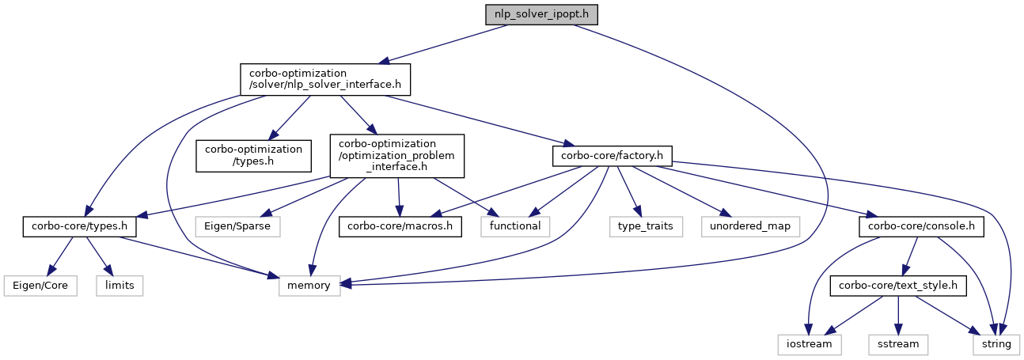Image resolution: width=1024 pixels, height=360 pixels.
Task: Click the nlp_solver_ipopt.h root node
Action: (x=541, y=14)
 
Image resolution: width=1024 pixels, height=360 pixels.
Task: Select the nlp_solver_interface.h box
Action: (x=325, y=79)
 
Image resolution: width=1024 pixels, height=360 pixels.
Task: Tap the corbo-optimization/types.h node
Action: (x=253, y=156)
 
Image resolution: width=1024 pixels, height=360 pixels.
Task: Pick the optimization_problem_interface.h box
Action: (x=396, y=156)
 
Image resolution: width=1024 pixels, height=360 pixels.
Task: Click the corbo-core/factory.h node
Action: (x=613, y=156)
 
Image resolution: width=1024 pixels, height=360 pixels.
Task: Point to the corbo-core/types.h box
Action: (x=80, y=226)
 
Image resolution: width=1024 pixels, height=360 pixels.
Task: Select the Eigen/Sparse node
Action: (x=237, y=226)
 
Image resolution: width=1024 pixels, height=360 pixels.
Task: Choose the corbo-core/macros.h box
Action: (x=400, y=226)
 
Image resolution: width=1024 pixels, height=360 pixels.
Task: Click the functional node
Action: (x=515, y=226)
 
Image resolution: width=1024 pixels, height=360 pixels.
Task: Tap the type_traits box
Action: (x=646, y=226)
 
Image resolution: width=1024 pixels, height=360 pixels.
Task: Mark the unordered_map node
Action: (x=750, y=226)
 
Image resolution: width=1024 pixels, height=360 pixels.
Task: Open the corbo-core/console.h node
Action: (x=921, y=226)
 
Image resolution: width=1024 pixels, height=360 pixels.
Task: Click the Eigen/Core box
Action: (x=40, y=286)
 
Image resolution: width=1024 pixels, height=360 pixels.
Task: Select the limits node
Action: (x=119, y=286)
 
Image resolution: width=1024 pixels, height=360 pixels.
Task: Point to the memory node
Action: (x=309, y=286)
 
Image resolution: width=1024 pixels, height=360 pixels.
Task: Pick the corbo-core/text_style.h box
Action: (x=898, y=286)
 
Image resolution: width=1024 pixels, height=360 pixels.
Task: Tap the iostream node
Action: (x=809, y=345)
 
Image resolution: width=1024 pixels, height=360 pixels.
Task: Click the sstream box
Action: (x=898, y=345)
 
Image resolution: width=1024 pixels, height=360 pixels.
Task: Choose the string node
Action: (x=996, y=345)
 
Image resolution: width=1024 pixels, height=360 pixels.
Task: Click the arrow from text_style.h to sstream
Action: (x=898, y=316)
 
